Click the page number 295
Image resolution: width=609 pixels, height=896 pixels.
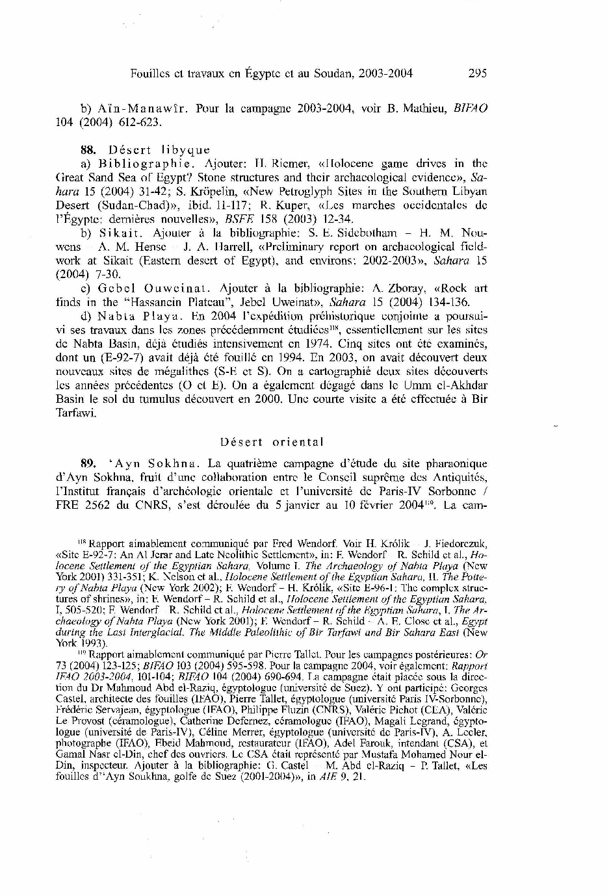(477, 73)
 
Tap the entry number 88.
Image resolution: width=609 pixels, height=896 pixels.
(88, 150)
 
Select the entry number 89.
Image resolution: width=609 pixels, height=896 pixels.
(88, 464)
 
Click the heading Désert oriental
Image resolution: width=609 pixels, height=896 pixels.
(271, 442)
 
